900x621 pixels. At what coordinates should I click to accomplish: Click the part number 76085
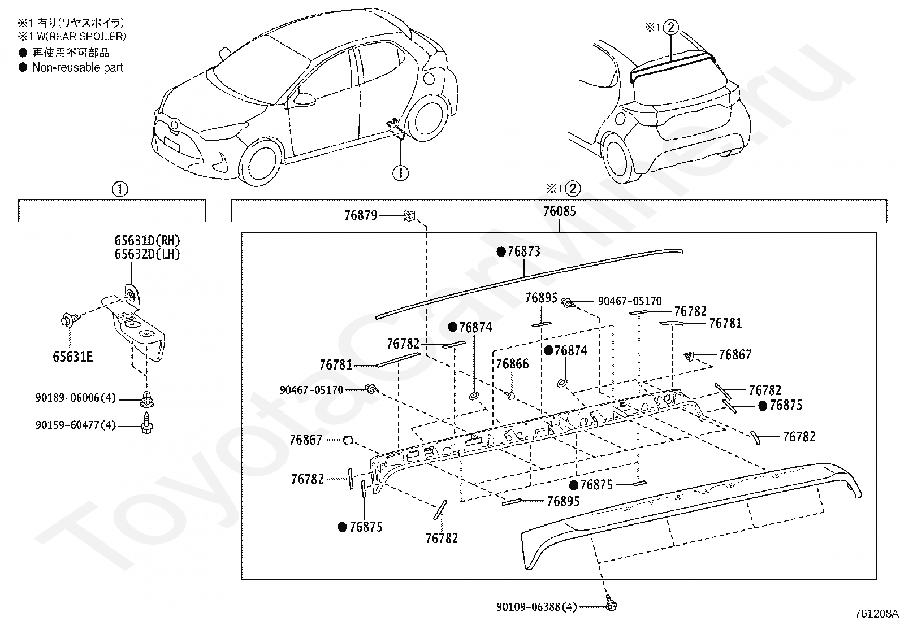tap(559, 211)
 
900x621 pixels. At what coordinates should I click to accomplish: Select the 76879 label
tap(361, 215)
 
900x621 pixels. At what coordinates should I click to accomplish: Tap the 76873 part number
tap(523, 251)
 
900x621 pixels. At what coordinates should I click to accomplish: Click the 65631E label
tap(72, 357)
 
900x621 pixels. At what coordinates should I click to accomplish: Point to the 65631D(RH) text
tap(147, 241)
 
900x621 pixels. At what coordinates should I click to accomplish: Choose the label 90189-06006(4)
tap(76, 398)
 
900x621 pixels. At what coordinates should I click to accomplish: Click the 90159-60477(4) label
tap(76, 424)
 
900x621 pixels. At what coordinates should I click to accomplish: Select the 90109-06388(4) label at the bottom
tap(536, 607)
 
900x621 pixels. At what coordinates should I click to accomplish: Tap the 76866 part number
tap(512, 364)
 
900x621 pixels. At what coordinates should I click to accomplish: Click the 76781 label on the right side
tap(725, 323)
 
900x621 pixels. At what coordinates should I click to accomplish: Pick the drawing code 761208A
tap(876, 613)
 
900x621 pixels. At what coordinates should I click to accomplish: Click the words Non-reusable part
tap(77, 67)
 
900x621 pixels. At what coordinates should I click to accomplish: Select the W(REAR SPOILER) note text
tap(79, 36)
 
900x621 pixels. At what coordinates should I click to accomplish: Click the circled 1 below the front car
tap(400, 172)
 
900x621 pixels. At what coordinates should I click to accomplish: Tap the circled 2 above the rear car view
tap(670, 27)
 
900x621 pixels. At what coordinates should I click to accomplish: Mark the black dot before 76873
tap(500, 252)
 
